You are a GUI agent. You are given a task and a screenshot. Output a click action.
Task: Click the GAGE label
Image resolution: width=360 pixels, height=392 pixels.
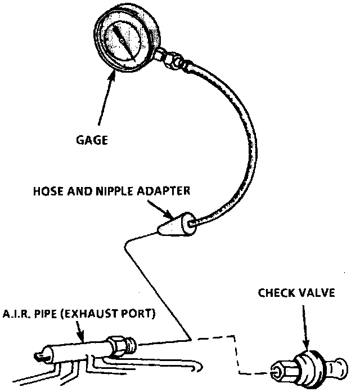pyautogui.click(x=92, y=140)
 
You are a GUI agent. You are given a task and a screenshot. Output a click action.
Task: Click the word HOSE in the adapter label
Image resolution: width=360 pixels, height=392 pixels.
pyautogui.click(x=48, y=191)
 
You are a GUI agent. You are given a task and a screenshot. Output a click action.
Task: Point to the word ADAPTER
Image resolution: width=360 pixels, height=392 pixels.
pyautogui.click(x=164, y=191)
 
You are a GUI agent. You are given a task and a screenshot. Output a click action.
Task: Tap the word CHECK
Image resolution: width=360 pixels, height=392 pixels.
pyautogui.click(x=276, y=293)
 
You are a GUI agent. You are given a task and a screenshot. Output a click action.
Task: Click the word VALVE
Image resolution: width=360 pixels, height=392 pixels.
pyautogui.click(x=317, y=293)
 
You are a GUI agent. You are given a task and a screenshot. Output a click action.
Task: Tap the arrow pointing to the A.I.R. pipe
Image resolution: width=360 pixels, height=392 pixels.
pyautogui.click(x=80, y=331)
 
